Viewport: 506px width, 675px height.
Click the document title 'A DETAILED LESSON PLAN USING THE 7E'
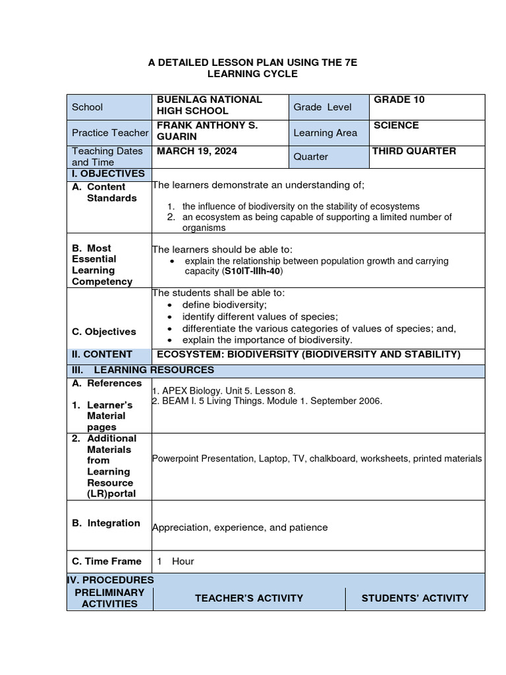point(252,62)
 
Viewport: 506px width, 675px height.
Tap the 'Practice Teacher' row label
point(109,132)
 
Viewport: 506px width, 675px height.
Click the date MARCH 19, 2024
point(196,151)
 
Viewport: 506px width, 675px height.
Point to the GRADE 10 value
point(399,100)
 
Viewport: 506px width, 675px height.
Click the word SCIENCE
point(396,125)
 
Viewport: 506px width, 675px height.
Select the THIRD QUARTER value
point(414,151)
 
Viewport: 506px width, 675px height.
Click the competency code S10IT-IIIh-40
point(254,272)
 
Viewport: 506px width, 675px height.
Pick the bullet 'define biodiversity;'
point(224,305)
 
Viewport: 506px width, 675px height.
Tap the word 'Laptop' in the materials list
point(273,459)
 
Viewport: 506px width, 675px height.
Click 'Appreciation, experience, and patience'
point(239,527)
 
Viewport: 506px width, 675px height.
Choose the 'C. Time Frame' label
point(107,561)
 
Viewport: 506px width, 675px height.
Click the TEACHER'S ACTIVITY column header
point(249,598)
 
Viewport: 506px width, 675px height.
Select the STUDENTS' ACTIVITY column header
point(414,598)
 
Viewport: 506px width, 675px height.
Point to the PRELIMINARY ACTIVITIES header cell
point(109,598)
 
